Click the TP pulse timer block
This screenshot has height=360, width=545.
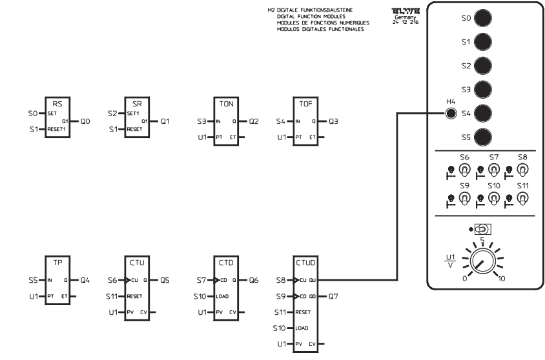(57, 278)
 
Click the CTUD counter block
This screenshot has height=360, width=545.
(306, 303)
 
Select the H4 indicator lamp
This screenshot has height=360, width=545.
(451, 114)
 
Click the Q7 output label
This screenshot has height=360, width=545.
(334, 297)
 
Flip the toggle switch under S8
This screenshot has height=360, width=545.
(523, 170)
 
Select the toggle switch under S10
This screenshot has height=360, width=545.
(493, 200)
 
